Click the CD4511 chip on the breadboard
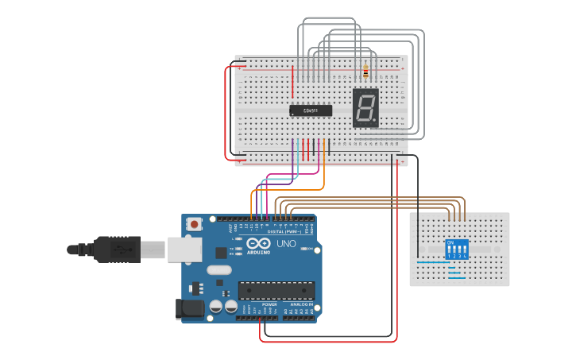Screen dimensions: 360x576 pyautogui.click(x=311, y=111)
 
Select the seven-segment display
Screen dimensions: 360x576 pyautogui.click(x=365, y=107)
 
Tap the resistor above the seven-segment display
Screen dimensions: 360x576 pyautogui.click(x=365, y=72)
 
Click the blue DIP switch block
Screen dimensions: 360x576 pyautogui.click(x=457, y=249)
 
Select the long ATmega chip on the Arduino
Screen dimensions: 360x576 pyautogui.click(x=276, y=291)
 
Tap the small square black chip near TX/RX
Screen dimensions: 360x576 pyautogui.click(x=220, y=253)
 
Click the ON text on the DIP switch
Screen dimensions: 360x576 pyautogui.click(x=450, y=242)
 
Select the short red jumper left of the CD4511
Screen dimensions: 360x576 pyautogui.click(x=293, y=76)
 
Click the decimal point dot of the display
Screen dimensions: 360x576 pyautogui.click(x=376, y=122)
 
